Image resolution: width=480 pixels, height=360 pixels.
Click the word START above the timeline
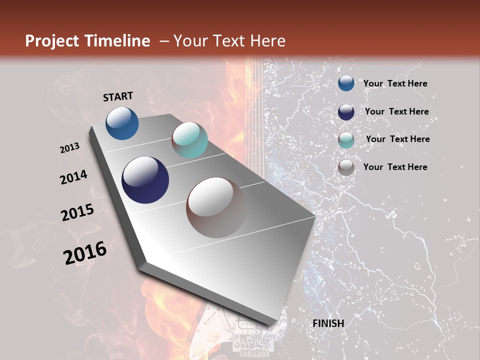[x=118, y=96]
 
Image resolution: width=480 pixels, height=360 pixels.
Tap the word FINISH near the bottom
[x=328, y=323]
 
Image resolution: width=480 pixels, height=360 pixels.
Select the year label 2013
[x=70, y=148]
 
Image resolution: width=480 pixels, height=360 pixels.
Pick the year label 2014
[x=74, y=177]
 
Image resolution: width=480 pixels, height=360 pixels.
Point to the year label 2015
[x=77, y=212]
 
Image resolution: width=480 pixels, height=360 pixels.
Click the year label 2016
[x=85, y=253]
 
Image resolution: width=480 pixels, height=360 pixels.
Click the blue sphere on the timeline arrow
[x=122, y=123]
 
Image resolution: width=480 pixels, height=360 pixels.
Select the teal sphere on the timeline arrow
[x=189, y=140]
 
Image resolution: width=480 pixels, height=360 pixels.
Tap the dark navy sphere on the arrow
[x=145, y=180]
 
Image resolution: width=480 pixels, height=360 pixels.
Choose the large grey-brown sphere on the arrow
[x=216, y=207]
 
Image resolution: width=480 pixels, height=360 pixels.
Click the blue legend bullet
[x=346, y=83]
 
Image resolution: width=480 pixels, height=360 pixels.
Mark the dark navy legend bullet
[x=346, y=112]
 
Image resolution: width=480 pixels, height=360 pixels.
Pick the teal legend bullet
[x=346, y=140]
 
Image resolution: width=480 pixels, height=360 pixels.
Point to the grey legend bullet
[x=346, y=167]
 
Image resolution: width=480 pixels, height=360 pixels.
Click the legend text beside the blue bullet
[x=395, y=84]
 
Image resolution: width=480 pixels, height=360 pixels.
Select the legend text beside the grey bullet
[x=395, y=167]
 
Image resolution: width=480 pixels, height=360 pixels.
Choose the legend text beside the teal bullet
[x=397, y=139]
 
